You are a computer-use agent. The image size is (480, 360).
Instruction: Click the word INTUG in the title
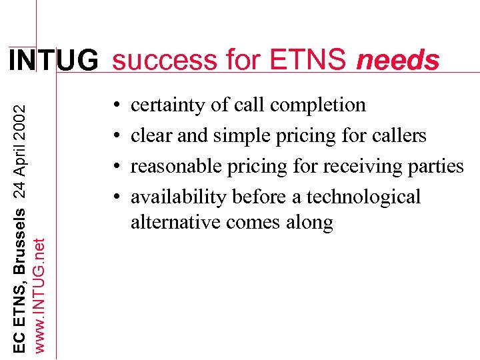click(53, 61)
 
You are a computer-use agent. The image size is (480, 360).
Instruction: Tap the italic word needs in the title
click(398, 61)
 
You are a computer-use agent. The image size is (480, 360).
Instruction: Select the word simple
click(242, 135)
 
